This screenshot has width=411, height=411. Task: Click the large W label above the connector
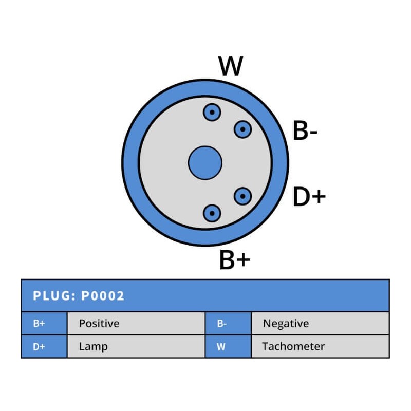[x=231, y=66]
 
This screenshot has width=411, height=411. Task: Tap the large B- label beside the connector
[x=305, y=132]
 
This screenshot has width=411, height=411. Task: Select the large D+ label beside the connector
[x=309, y=197]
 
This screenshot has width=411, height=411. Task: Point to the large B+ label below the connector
[x=235, y=260]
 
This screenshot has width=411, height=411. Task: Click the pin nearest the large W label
[x=212, y=112]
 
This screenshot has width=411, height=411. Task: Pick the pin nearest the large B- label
[x=242, y=129]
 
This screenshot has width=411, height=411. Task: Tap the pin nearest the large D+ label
[x=242, y=196]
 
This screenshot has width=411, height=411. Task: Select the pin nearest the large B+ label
[x=212, y=213]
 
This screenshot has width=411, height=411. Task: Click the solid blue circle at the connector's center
[x=205, y=163]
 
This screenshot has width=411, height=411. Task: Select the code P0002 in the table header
[x=103, y=296]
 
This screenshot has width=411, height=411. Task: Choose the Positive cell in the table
[x=99, y=324]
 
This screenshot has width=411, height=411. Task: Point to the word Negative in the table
[x=286, y=324]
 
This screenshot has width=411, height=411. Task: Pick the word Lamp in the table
[x=93, y=346]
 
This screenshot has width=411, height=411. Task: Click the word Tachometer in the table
[x=293, y=346]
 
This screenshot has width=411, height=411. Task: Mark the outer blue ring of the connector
[x=130, y=163]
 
